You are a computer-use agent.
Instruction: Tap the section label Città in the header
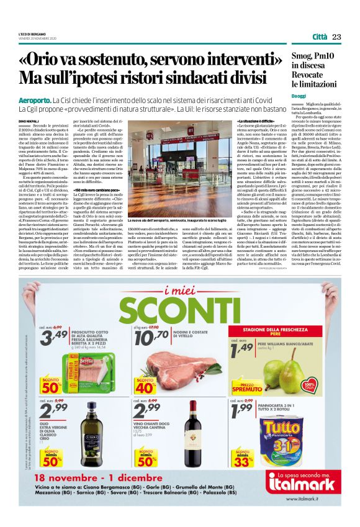coord(319,37)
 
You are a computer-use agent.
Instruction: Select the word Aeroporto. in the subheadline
coord(35,100)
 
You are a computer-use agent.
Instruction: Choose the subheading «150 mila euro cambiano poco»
coord(94,189)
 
